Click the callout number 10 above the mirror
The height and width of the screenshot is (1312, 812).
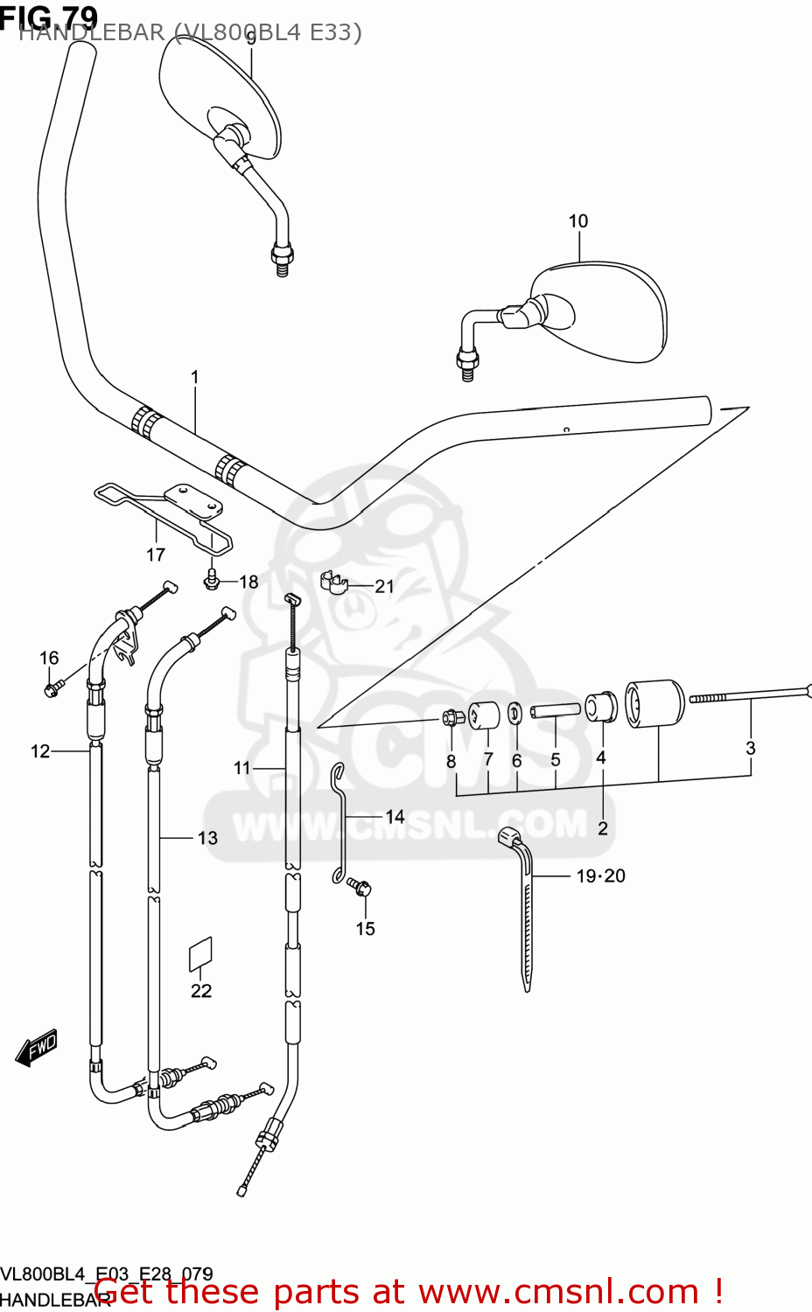578,221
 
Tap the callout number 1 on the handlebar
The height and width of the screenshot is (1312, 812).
195,377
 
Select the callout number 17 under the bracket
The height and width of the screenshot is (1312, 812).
156,555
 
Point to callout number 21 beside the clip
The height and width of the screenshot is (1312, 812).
385,587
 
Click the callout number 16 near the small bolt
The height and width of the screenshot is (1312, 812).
49,658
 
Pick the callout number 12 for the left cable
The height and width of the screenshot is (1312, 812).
40,751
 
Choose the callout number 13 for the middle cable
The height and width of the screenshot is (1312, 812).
207,838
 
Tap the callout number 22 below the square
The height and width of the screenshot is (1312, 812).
201,990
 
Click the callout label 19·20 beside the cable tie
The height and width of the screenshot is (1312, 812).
600,876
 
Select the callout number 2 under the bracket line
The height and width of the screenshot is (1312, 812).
603,827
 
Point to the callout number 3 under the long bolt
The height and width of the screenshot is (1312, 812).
751,748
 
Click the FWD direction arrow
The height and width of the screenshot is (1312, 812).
37,1047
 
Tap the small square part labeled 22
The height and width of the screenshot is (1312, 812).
201,955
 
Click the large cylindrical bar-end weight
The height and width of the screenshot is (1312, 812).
654,704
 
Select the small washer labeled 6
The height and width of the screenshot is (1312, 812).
516,713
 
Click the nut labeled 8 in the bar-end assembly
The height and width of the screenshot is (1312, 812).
451,719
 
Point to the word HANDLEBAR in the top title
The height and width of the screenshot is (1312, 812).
91,33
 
